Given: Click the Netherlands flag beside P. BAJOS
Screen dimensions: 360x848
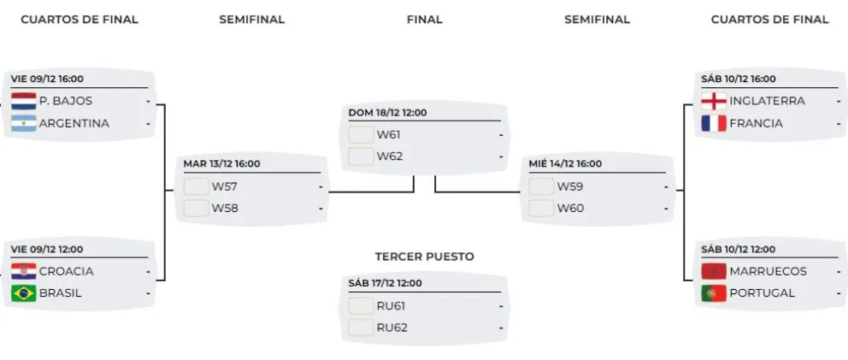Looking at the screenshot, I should (x=23, y=101).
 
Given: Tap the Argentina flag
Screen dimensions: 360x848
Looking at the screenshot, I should (x=23, y=123).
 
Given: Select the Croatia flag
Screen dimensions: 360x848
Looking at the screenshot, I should (x=23, y=271).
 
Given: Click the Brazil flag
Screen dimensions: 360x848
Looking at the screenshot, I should (x=23, y=293).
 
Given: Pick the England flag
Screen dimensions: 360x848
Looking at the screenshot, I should (x=713, y=101).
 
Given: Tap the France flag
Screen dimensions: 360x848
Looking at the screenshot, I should (x=713, y=123).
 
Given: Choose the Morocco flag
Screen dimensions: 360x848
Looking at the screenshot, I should (x=713, y=271).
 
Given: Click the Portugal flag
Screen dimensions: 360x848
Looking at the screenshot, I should (x=713, y=293).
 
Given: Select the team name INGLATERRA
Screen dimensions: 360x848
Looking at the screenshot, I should (x=767, y=101).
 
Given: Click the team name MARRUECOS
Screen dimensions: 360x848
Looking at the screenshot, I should (x=768, y=271).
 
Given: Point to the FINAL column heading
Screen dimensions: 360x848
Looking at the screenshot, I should (x=424, y=19).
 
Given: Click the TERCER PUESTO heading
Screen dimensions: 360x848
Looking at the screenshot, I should (x=424, y=256).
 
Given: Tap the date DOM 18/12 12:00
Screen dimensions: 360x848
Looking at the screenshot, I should (x=387, y=112).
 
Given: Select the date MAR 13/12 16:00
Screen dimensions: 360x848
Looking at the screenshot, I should (x=221, y=164).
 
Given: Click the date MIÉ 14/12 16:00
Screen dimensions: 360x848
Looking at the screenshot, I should (x=565, y=164).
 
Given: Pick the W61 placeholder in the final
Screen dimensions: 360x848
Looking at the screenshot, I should (x=390, y=134).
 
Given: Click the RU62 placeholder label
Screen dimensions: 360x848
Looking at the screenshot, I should (x=392, y=327).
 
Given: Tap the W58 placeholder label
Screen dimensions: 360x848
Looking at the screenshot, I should (x=224, y=208).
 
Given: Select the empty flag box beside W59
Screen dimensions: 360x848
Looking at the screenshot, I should (x=541, y=186).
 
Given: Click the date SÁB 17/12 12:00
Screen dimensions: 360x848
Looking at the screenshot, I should (x=385, y=283).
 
